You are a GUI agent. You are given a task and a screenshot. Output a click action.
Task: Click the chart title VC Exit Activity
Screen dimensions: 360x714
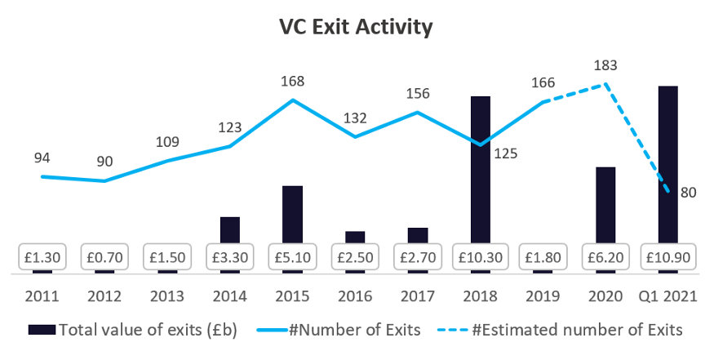coord(356,27)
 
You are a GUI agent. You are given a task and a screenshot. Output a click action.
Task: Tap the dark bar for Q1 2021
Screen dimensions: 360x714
coord(667,163)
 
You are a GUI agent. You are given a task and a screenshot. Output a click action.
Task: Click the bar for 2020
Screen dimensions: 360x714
coord(605,204)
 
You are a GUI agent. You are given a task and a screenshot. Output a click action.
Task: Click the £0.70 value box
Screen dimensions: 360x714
coord(104,256)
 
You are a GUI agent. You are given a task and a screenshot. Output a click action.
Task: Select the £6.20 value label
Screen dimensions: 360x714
coord(605,256)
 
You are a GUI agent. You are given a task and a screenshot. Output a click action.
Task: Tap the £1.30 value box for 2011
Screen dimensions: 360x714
coord(42,256)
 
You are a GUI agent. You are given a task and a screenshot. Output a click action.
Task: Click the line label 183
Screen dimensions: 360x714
coord(605,64)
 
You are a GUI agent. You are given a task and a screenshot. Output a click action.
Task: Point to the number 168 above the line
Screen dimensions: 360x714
coord(292,81)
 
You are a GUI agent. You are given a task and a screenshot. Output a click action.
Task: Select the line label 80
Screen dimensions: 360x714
coord(689,193)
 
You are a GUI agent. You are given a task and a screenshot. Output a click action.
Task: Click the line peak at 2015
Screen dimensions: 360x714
coord(293,100)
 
